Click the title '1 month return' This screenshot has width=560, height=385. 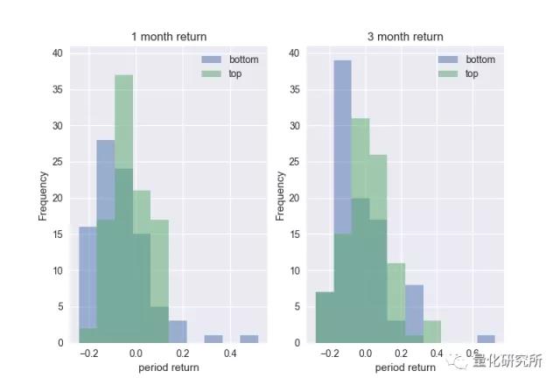pyautogui.click(x=169, y=37)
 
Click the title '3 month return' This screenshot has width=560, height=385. pyautogui.click(x=405, y=37)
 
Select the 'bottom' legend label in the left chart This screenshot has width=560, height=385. pyautogui.click(x=242, y=59)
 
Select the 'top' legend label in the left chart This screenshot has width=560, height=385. pyautogui.click(x=235, y=73)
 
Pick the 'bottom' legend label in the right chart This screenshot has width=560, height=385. pyautogui.click(x=479, y=59)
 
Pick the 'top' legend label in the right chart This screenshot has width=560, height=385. pyautogui.click(x=472, y=73)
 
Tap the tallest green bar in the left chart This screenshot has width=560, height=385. pyautogui.click(x=123, y=175)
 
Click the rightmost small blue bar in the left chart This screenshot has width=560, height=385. pyautogui.click(x=249, y=339)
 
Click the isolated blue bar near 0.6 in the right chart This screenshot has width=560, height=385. pyautogui.click(x=486, y=339)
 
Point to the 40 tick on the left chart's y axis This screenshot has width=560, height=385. pyautogui.click(x=58, y=52)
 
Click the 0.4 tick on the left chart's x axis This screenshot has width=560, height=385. pyautogui.click(x=229, y=353)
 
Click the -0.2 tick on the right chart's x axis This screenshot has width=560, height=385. pyautogui.click(x=330, y=353)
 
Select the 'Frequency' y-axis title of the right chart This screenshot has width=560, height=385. pyautogui.click(x=280, y=197)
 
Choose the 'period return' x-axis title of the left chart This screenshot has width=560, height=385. pyautogui.click(x=169, y=368)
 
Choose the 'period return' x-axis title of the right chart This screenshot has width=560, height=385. pyautogui.click(x=405, y=368)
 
